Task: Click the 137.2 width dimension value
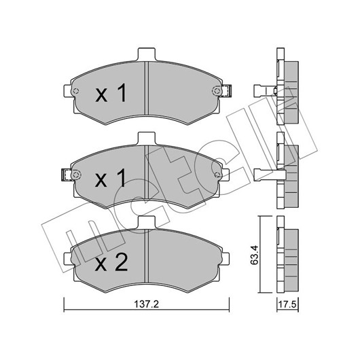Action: click(x=146, y=304)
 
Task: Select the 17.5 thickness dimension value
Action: click(x=287, y=305)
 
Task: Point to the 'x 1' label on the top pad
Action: click(x=111, y=93)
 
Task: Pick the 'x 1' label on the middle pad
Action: click(x=111, y=177)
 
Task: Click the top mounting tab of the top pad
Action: click(x=147, y=54)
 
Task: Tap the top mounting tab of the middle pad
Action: click(x=147, y=139)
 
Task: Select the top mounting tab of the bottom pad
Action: click(x=147, y=223)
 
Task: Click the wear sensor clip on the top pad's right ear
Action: click(x=227, y=91)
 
